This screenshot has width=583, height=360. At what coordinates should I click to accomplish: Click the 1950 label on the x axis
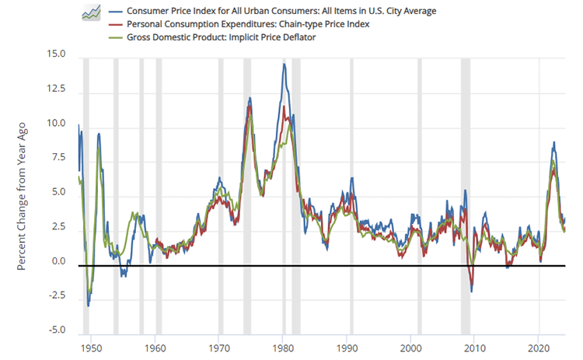click(90, 345)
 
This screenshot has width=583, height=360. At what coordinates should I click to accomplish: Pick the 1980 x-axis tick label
click(284, 345)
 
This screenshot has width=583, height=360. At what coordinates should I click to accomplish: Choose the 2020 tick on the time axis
click(541, 345)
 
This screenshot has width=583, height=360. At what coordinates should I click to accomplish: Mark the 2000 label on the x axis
click(412, 345)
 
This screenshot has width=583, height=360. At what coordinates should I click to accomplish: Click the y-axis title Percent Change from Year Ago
click(23, 195)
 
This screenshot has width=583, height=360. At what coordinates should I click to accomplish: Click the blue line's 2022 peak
click(553, 142)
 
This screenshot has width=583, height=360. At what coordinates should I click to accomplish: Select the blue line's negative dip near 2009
click(472, 292)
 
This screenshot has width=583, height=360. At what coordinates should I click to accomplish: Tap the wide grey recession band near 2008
click(466, 194)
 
